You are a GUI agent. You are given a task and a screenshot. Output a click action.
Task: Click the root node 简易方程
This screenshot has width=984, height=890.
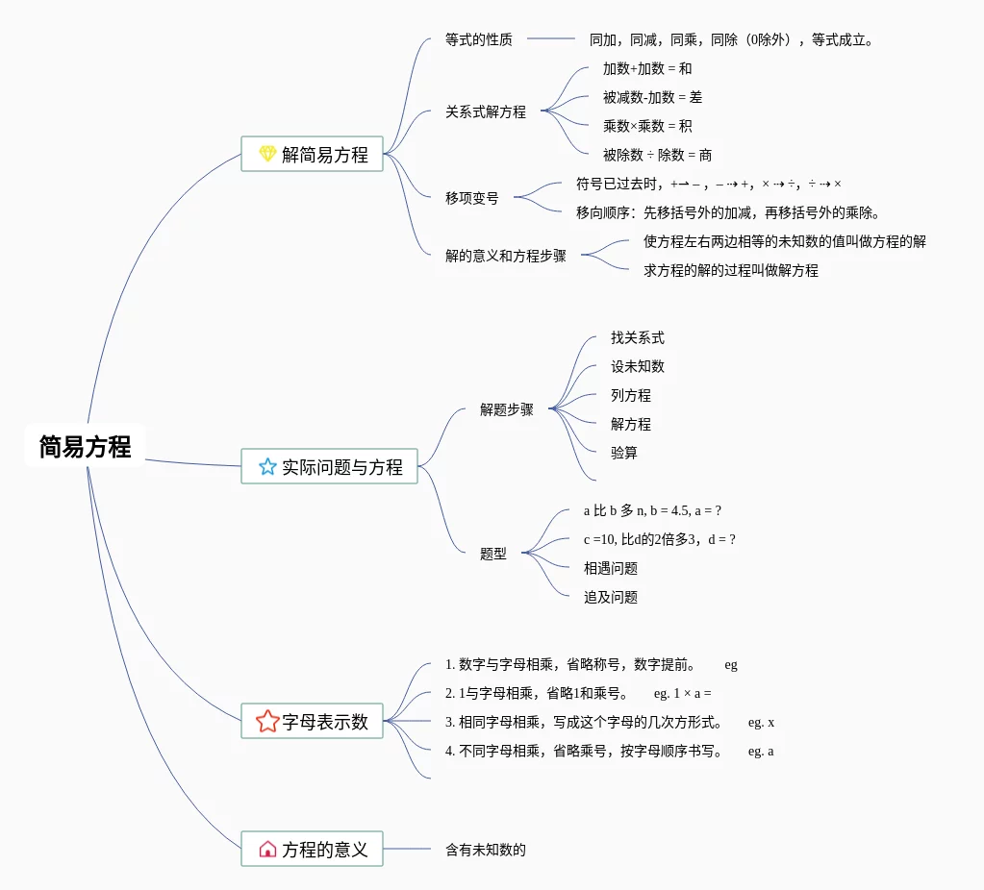[85, 447]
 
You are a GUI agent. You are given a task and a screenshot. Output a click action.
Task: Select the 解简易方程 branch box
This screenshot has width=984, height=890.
[312, 154]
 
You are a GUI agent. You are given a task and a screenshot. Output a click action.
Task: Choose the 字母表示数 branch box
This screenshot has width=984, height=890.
[312, 721]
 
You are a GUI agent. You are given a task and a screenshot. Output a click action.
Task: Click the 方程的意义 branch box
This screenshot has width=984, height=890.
[312, 850]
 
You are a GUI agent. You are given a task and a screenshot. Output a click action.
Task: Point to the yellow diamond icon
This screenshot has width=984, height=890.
[267, 154]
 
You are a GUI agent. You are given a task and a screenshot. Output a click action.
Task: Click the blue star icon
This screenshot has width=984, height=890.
[267, 467]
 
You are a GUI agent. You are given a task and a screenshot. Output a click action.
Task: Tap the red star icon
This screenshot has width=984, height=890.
[267, 721]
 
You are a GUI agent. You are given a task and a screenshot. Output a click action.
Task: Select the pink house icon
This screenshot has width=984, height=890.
[267, 850]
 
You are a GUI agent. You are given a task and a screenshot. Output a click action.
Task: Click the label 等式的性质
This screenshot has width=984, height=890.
[478, 39]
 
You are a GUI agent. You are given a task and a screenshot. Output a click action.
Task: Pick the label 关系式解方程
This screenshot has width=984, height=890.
[485, 111]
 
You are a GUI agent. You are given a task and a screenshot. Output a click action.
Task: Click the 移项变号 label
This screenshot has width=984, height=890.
[471, 198]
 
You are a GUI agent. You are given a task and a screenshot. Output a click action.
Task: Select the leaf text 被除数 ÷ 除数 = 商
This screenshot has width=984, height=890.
[657, 155]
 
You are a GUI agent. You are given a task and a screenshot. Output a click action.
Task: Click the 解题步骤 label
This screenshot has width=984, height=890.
[506, 409]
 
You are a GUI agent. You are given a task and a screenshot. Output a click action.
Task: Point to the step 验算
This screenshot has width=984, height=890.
[623, 453]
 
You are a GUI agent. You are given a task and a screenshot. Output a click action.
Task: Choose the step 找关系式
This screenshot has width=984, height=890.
[637, 337]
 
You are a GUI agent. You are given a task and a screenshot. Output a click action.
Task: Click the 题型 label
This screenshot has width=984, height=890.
[492, 554]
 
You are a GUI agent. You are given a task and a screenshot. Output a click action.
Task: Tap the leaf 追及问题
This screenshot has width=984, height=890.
[610, 597]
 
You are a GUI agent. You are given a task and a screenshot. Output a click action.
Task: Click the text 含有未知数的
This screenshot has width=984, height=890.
[485, 850]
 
